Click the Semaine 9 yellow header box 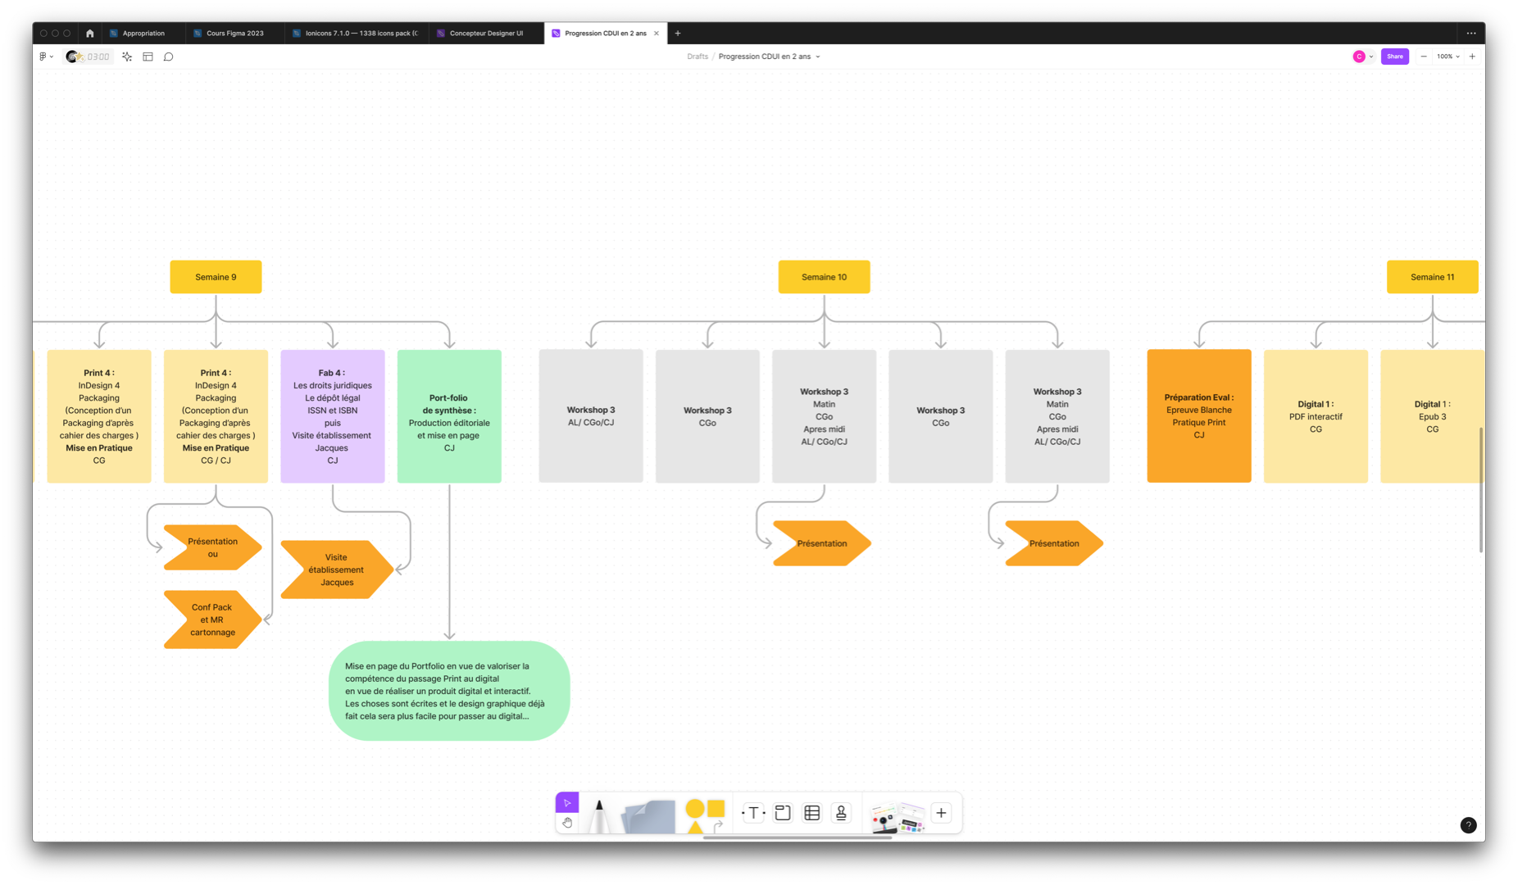pyautogui.click(x=216, y=277)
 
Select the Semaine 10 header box pyautogui.click(x=824, y=277)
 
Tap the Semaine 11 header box pyautogui.click(x=1432, y=277)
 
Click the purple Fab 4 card pyautogui.click(x=332, y=416)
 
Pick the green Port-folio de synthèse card pyautogui.click(x=449, y=416)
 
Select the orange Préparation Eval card pyautogui.click(x=1198, y=416)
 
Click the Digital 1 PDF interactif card pyautogui.click(x=1316, y=416)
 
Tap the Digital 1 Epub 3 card pyautogui.click(x=1432, y=416)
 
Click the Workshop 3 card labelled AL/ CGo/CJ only pyautogui.click(x=590, y=416)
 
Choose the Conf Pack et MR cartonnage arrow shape pyautogui.click(x=212, y=619)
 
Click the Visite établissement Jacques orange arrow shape pyautogui.click(x=336, y=570)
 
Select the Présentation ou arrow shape pyautogui.click(x=212, y=547)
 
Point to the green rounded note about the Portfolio pyautogui.click(x=448, y=691)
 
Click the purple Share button pyautogui.click(x=1394, y=57)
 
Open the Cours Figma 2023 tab pyautogui.click(x=234, y=34)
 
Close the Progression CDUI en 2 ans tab pyautogui.click(x=657, y=34)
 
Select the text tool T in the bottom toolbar pyautogui.click(x=753, y=813)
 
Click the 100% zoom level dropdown pyautogui.click(x=1448, y=57)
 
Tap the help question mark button pyautogui.click(x=1468, y=825)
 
